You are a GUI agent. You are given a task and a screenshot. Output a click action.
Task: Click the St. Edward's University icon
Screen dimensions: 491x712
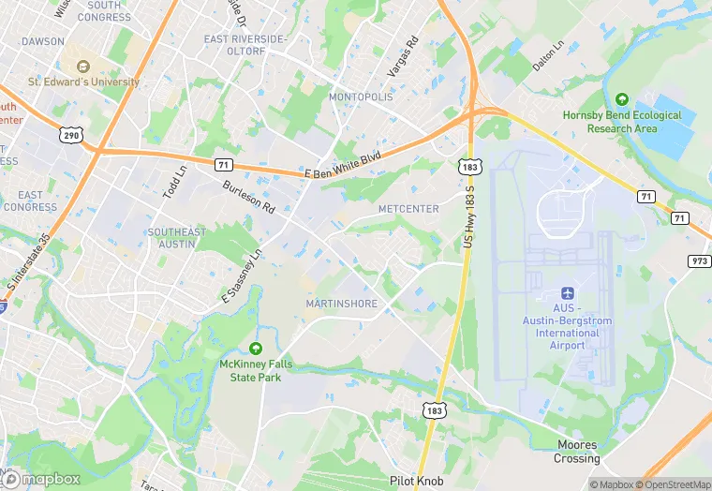pyautogui.click(x=82, y=67)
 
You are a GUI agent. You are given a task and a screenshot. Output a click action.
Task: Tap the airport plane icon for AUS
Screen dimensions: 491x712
pyautogui.click(x=567, y=293)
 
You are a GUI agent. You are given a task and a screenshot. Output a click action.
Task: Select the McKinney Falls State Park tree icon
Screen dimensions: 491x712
pyautogui.click(x=255, y=349)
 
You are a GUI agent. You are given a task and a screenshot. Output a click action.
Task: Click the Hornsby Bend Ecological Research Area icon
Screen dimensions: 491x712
pyautogui.click(x=621, y=98)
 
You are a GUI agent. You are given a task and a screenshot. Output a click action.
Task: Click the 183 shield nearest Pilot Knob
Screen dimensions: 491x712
pyautogui.click(x=433, y=409)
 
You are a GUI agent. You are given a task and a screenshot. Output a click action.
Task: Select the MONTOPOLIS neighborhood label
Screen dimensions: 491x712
pyautogui.click(x=365, y=97)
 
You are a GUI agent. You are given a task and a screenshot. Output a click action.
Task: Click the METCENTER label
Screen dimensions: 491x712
pyautogui.click(x=408, y=208)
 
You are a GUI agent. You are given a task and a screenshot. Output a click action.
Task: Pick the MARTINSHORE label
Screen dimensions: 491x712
pyautogui.click(x=341, y=304)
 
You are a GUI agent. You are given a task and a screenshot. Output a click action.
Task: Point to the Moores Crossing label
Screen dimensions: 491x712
pyautogui.click(x=576, y=452)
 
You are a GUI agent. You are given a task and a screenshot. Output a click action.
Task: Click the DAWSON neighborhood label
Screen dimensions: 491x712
pyautogui.click(x=43, y=41)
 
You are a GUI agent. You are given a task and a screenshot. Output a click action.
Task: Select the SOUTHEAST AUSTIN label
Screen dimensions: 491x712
pyautogui.click(x=176, y=238)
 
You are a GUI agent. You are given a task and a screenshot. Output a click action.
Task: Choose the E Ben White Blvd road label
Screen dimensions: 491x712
pyautogui.click(x=343, y=167)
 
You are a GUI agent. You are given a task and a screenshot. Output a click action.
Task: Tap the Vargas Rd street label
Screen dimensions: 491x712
pyautogui.click(x=401, y=58)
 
